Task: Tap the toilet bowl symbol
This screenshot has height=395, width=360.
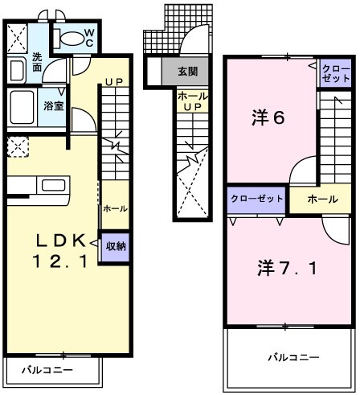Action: pyautogui.click(x=70, y=37)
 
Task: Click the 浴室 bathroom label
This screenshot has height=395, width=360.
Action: pyautogui.click(x=54, y=105)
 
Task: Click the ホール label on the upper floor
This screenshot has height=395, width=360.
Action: pyautogui.click(x=321, y=199)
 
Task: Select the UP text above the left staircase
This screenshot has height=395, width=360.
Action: pyautogui.click(x=113, y=82)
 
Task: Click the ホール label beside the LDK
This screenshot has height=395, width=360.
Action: pyautogui.click(x=113, y=208)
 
